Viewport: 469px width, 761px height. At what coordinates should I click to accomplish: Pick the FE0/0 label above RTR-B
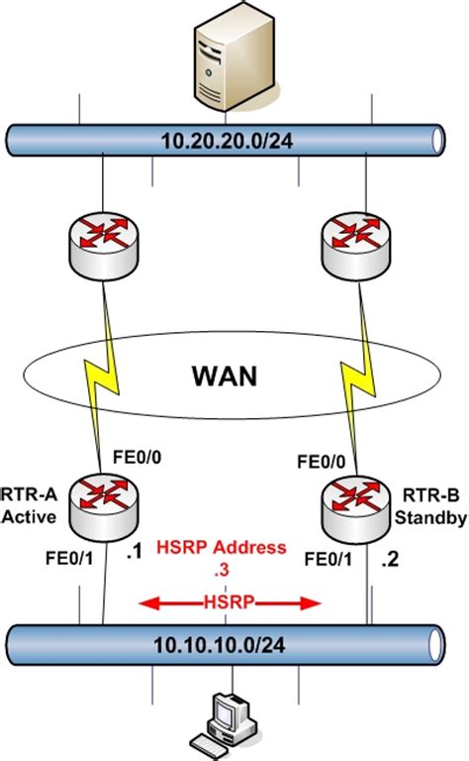(x=324, y=461)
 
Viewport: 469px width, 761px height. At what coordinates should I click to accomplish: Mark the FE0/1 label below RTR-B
(x=328, y=560)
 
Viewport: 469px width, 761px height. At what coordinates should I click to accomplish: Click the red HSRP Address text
(x=234, y=548)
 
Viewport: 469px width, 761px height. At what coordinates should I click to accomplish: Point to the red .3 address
(x=234, y=568)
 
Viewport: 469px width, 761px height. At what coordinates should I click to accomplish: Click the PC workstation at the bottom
(x=234, y=721)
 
